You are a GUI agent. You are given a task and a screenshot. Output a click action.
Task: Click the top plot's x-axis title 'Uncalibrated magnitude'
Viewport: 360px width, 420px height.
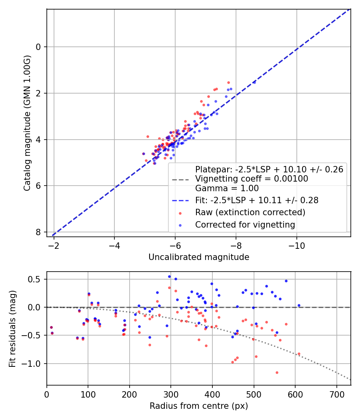tap(199, 257)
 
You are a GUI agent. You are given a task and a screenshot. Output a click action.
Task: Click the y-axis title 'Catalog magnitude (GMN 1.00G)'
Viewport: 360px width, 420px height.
tap(27, 123)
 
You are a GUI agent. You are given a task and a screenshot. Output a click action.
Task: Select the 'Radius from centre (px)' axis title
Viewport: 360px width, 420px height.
tap(199, 406)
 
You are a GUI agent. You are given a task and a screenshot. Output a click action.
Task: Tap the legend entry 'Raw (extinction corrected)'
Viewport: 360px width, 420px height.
tap(250, 212)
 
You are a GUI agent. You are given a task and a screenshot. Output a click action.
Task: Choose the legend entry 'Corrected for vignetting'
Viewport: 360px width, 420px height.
tap(245, 225)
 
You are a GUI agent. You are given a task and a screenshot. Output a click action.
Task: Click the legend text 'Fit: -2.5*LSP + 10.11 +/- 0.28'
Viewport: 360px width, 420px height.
tap(256, 200)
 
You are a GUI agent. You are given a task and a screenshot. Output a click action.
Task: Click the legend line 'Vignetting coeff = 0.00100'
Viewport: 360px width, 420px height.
tap(252, 179)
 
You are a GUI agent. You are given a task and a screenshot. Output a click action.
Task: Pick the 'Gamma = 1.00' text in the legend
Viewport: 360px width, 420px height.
tap(227, 188)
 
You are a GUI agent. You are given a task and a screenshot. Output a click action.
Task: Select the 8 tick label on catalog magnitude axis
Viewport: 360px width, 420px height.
tap(38, 232)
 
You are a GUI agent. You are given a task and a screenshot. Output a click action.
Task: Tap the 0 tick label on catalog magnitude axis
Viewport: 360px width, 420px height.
tap(38, 47)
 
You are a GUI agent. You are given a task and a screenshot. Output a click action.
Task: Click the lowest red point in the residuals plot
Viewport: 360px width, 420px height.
tap(221, 372)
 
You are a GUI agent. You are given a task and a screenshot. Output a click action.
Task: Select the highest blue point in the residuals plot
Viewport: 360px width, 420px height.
tap(169, 276)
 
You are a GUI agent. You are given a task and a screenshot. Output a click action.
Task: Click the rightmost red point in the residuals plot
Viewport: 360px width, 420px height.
tap(299, 354)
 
